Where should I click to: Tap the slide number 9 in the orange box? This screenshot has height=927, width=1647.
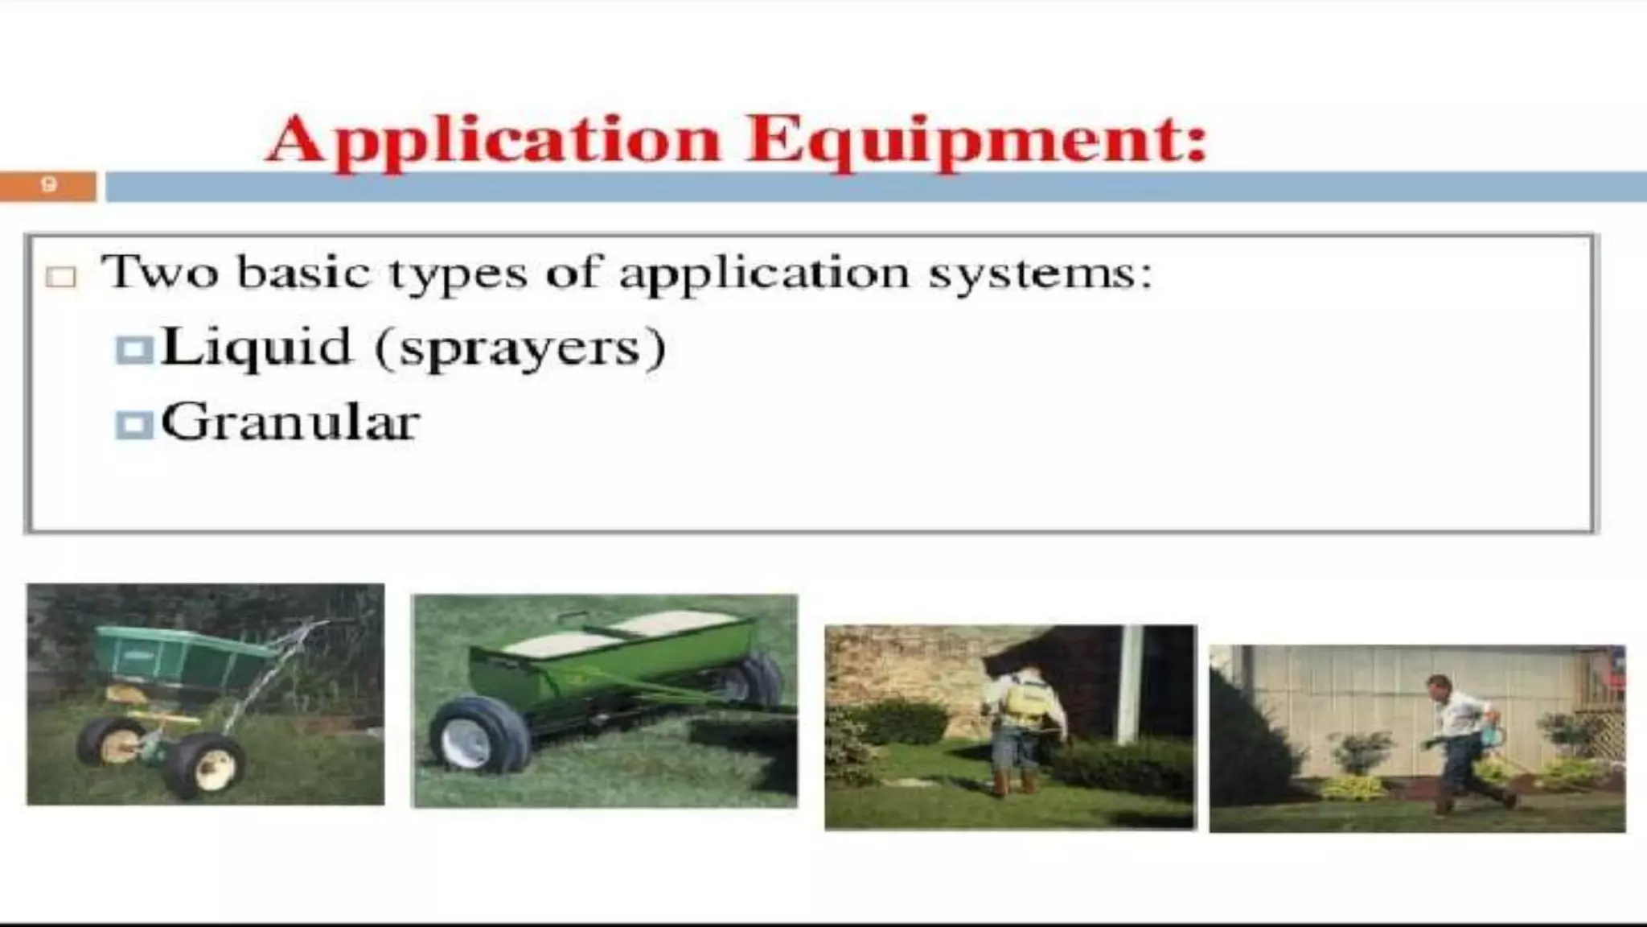pos(48,185)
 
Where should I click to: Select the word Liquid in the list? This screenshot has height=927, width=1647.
pos(257,347)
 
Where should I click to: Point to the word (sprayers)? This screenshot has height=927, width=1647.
pos(521,348)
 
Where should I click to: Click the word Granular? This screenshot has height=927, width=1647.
pos(290,422)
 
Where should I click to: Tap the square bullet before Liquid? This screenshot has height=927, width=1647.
pos(133,350)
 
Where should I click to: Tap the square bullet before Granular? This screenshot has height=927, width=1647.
pos(133,424)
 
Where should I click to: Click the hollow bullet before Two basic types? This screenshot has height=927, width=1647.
pos(61,277)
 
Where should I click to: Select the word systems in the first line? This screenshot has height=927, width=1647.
pos(1041,274)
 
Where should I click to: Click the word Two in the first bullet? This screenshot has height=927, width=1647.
pos(159,271)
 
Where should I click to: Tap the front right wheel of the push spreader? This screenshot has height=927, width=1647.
pos(205,764)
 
